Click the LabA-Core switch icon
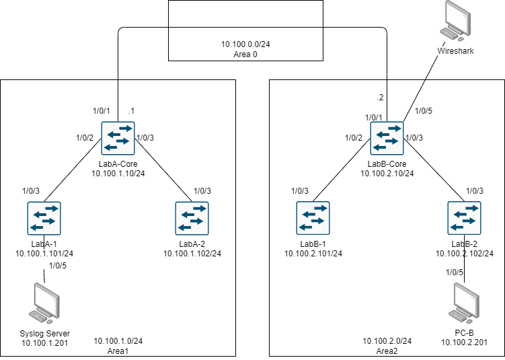click(118, 138)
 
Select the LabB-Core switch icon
click(387, 138)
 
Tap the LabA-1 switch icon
click(44, 219)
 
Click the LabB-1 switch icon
click(313, 219)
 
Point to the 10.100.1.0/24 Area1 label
click(118, 346)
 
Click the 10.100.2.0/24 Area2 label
click(387, 346)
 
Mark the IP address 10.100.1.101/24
click(44, 254)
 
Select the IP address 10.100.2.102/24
click(465, 254)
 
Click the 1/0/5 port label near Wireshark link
click(424, 111)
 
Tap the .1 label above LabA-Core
click(132, 110)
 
